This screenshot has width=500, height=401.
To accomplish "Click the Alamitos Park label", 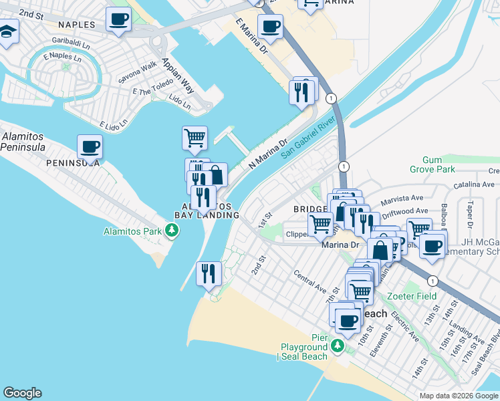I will [130, 231].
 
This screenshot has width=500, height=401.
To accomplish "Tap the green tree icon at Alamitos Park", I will [173, 231].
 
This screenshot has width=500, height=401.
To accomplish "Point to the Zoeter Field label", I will [412, 296].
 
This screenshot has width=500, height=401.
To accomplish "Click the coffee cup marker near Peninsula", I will [90, 146].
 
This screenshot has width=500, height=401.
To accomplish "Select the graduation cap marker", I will [8, 31].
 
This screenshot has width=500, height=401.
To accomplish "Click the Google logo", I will [22, 393].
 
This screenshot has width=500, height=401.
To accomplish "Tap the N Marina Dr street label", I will [267, 153].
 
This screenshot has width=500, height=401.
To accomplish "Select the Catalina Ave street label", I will [476, 184].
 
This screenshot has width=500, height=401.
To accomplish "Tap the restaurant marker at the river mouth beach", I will [209, 273].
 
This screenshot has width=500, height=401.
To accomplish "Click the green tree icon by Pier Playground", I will [338, 346].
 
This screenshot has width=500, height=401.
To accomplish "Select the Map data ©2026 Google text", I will [459, 396].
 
